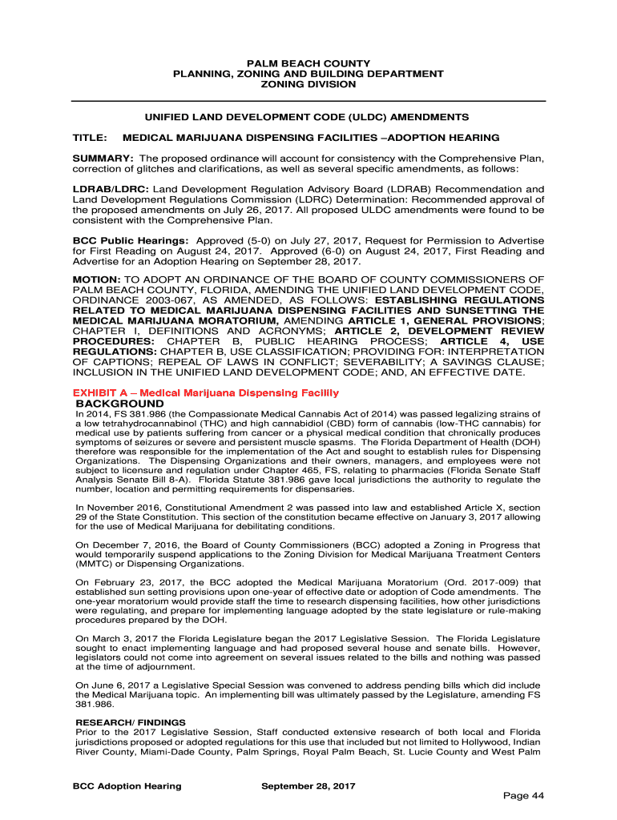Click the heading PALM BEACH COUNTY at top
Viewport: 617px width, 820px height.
(x=308, y=63)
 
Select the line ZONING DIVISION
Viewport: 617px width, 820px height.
(x=308, y=84)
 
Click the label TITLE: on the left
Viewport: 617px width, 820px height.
(x=90, y=138)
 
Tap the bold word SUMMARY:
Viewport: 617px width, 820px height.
(x=103, y=159)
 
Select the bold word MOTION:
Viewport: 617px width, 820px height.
(x=99, y=280)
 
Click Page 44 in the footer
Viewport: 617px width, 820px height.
(x=523, y=795)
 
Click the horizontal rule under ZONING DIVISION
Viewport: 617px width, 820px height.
(x=308, y=101)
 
